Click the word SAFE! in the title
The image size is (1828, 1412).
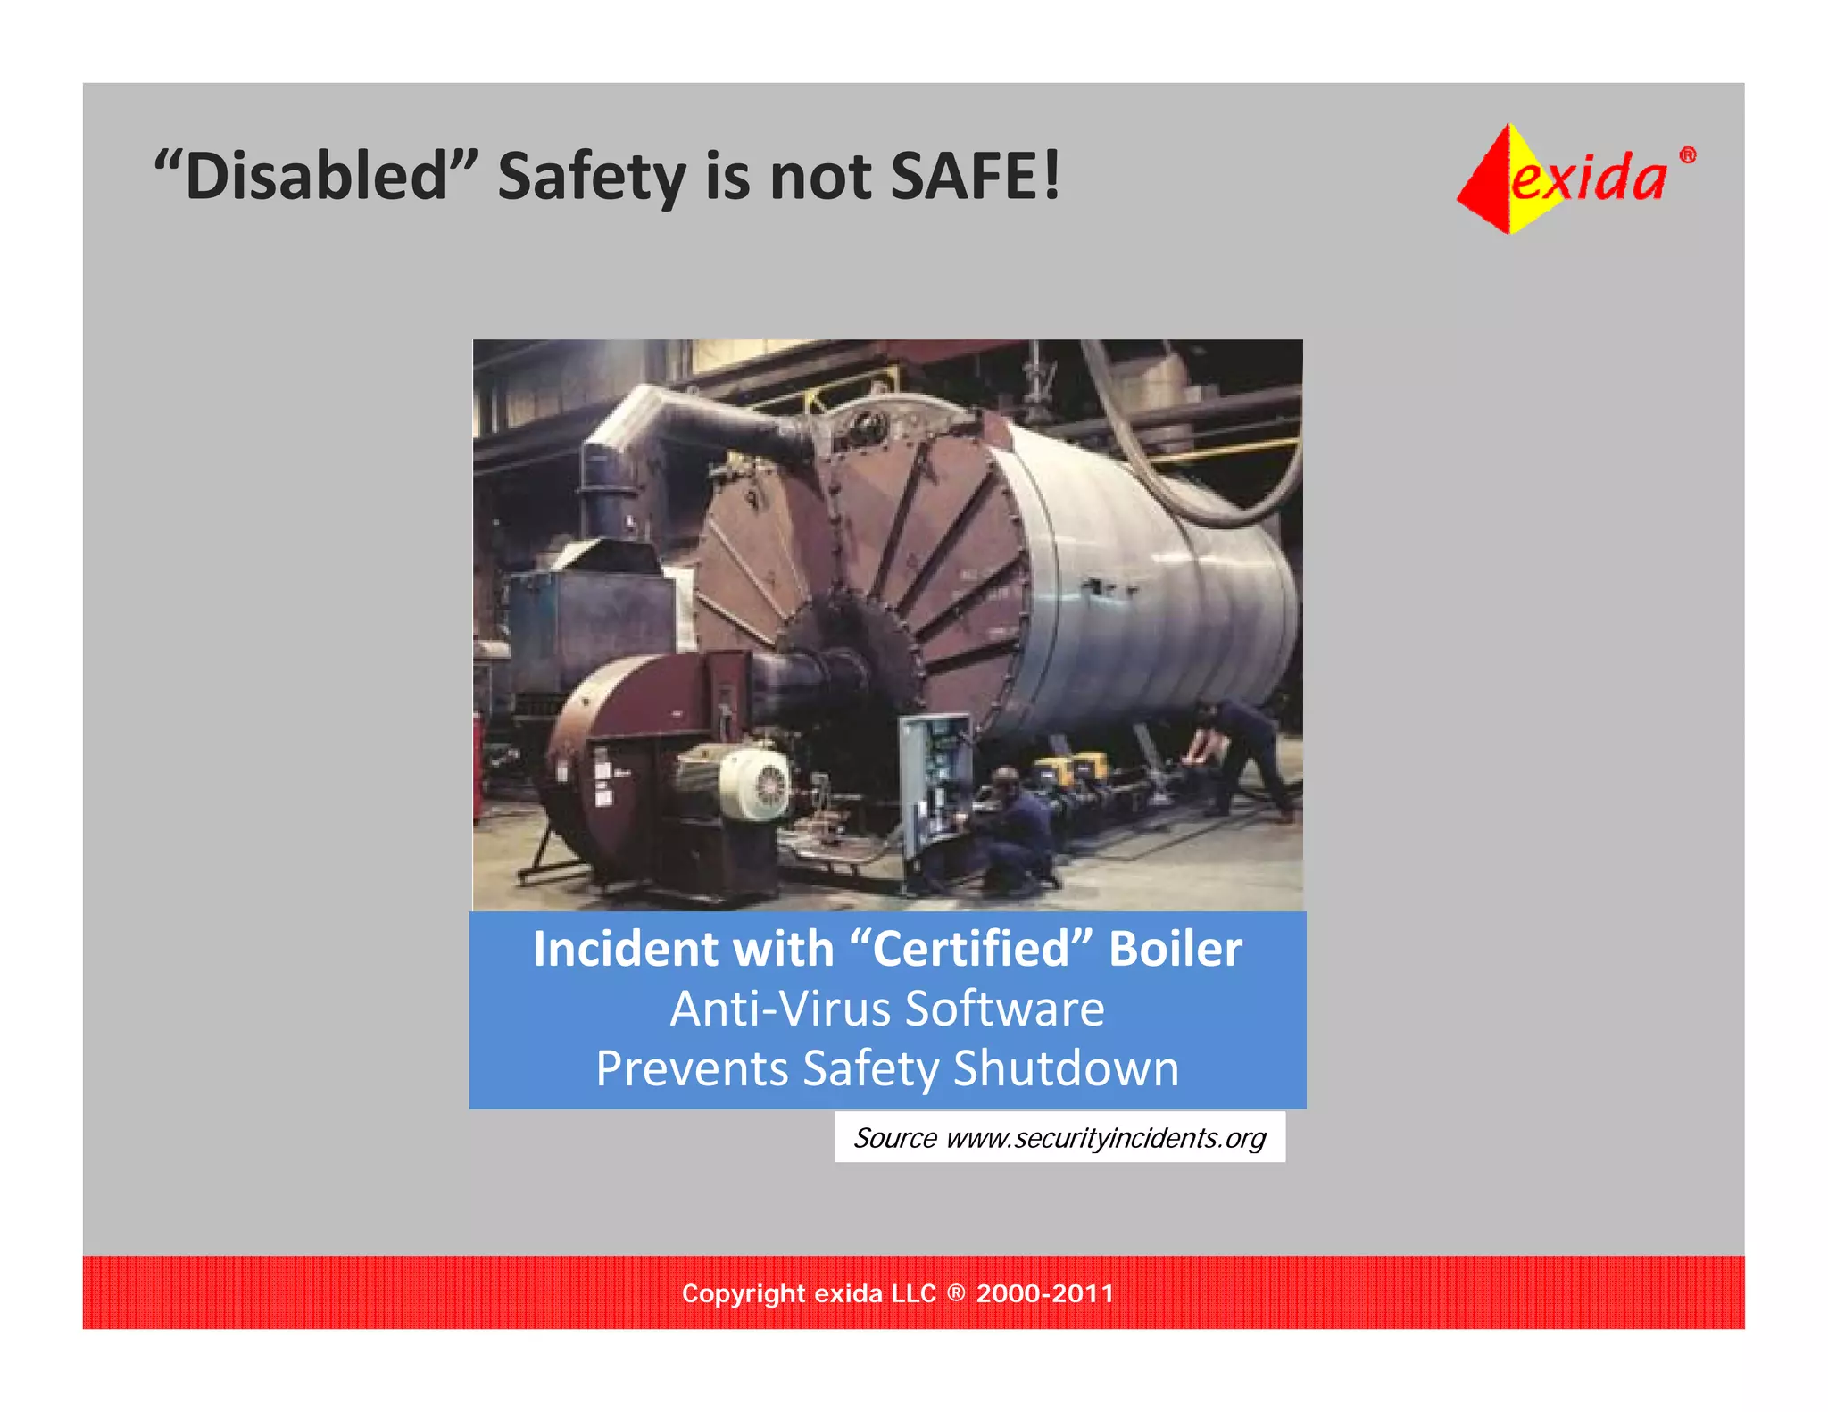976,176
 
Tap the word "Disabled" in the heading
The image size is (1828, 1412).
317,176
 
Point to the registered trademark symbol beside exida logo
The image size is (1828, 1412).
1687,155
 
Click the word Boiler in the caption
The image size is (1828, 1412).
1175,949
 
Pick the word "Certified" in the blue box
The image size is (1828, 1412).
970,949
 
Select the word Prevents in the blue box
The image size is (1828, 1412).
692,1068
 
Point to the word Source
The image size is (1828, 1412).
894,1138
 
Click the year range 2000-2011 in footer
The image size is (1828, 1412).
1044,1293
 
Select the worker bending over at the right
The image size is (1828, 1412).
1245,754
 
